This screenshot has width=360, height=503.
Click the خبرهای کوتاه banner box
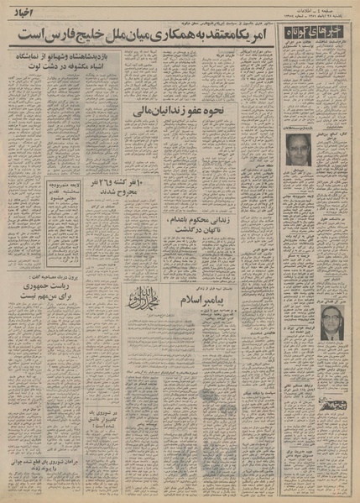pyautogui.click(x=317, y=37)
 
